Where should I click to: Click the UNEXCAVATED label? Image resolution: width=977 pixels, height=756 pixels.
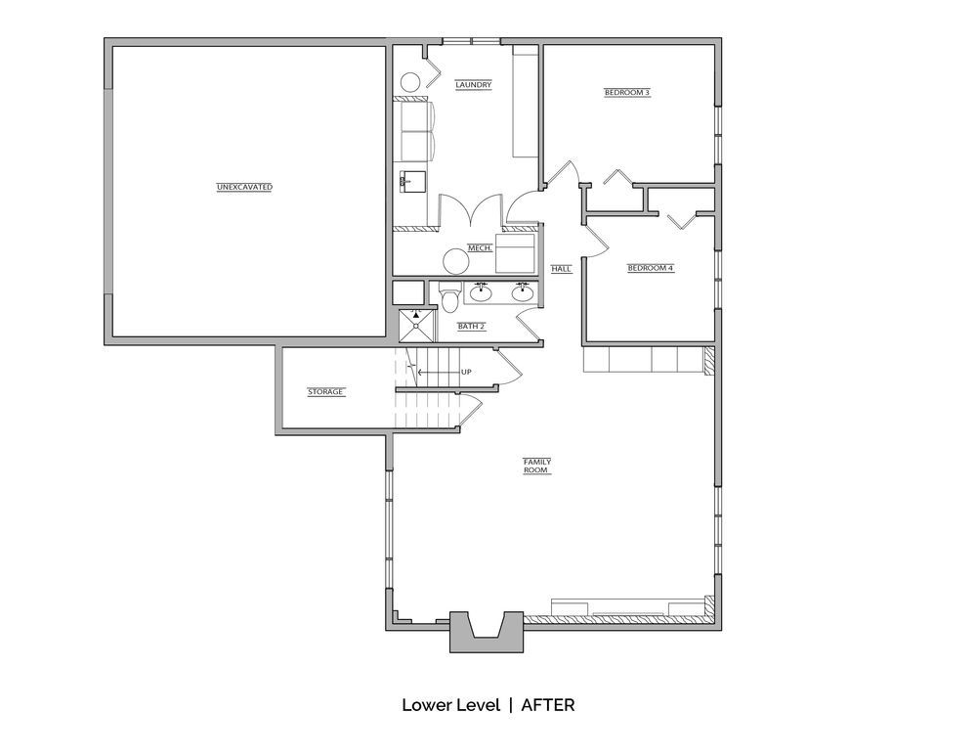pyautogui.click(x=244, y=187)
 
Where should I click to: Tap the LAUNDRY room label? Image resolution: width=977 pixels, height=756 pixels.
pyautogui.click(x=474, y=85)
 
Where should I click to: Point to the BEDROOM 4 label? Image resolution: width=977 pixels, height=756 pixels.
pyautogui.click(x=651, y=268)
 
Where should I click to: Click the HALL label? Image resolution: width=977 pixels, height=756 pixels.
pyautogui.click(x=562, y=269)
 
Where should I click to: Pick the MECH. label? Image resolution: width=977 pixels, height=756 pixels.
pyautogui.click(x=480, y=248)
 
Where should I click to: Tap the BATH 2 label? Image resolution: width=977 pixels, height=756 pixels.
pyautogui.click(x=472, y=327)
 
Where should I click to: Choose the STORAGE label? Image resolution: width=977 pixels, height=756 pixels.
pyautogui.click(x=326, y=392)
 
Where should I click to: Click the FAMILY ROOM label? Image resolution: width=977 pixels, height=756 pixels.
pyautogui.click(x=537, y=466)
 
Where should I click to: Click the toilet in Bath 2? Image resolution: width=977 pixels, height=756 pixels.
pyautogui.click(x=448, y=296)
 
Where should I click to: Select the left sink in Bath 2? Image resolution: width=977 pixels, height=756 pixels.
pyautogui.click(x=481, y=291)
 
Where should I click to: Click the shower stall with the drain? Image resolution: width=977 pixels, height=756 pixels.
pyautogui.click(x=416, y=325)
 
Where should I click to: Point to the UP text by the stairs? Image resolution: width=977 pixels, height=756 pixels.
pyautogui.click(x=466, y=373)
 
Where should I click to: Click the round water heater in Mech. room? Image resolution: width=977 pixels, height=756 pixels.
pyautogui.click(x=455, y=261)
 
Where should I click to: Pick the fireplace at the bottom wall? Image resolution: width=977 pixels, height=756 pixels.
pyautogui.click(x=487, y=632)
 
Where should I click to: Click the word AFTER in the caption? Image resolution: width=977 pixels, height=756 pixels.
pyautogui.click(x=548, y=705)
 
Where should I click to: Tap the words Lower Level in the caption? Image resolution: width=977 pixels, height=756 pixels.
pyautogui.click(x=451, y=705)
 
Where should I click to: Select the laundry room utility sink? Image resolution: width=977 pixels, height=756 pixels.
pyautogui.click(x=412, y=181)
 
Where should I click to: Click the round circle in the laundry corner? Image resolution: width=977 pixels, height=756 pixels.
pyautogui.click(x=410, y=83)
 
